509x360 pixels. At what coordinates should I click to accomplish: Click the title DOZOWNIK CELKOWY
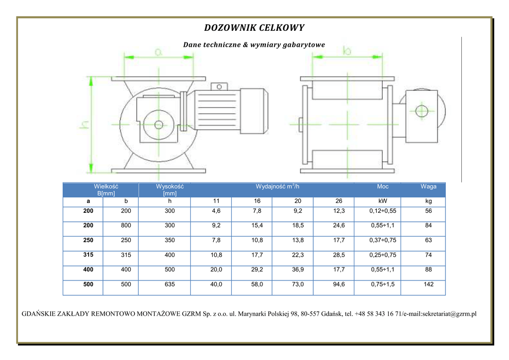tap(254, 28)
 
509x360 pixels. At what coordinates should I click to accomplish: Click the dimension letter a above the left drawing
tap(158, 52)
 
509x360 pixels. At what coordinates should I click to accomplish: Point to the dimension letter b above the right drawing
tap(347, 51)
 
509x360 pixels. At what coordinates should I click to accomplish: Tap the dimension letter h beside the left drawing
tap(84, 124)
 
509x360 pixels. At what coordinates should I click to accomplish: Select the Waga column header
tap(428, 186)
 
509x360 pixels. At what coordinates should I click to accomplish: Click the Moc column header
tap(383, 186)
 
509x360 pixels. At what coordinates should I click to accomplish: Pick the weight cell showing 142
tap(428, 284)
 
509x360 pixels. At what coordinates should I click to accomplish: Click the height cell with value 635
tap(170, 284)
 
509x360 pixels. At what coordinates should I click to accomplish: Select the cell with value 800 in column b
tap(126, 225)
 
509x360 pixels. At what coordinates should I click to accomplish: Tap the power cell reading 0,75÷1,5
tap(383, 284)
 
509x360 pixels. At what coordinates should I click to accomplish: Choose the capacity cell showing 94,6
tap(339, 284)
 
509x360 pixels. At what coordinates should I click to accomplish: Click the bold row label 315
tap(88, 255)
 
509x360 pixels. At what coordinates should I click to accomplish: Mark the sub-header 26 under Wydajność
tap(339, 201)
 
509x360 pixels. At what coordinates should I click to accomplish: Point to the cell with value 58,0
tap(257, 284)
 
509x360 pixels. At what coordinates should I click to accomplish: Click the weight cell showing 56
tap(428, 211)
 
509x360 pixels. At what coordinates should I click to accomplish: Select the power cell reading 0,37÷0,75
tap(383, 240)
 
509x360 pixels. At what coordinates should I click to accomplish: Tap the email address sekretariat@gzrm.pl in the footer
tap(449, 314)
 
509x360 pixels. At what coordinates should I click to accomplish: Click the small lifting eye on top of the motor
tap(219, 87)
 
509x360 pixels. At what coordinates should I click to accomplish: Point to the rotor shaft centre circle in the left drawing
tap(159, 125)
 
